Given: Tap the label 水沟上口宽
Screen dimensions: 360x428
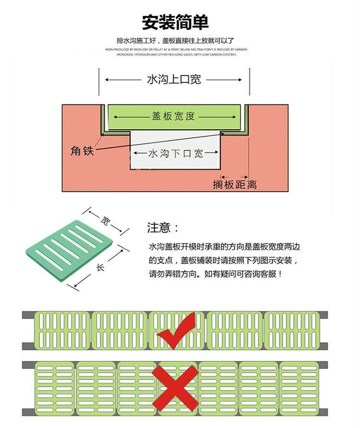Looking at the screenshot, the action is pos(174,80).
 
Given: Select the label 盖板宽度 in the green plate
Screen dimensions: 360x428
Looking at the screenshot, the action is pos(173,116).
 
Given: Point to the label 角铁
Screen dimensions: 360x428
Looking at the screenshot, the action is pos(82,150).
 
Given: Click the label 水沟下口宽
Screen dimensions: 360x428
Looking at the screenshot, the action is pos(176,154).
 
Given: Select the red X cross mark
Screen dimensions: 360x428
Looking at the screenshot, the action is pos(178,387).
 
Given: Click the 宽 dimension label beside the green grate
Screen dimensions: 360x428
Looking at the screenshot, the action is pos(105,220).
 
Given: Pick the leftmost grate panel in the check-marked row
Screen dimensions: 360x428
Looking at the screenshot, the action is pos(62,330).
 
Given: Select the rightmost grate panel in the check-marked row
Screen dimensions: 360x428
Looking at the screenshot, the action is pos(292,330).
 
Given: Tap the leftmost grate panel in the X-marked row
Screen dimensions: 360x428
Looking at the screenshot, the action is pos(54,388).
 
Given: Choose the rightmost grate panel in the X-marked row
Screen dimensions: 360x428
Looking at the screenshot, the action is pos(299,388).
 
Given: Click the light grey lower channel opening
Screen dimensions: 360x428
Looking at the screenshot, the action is pos(175,161).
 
